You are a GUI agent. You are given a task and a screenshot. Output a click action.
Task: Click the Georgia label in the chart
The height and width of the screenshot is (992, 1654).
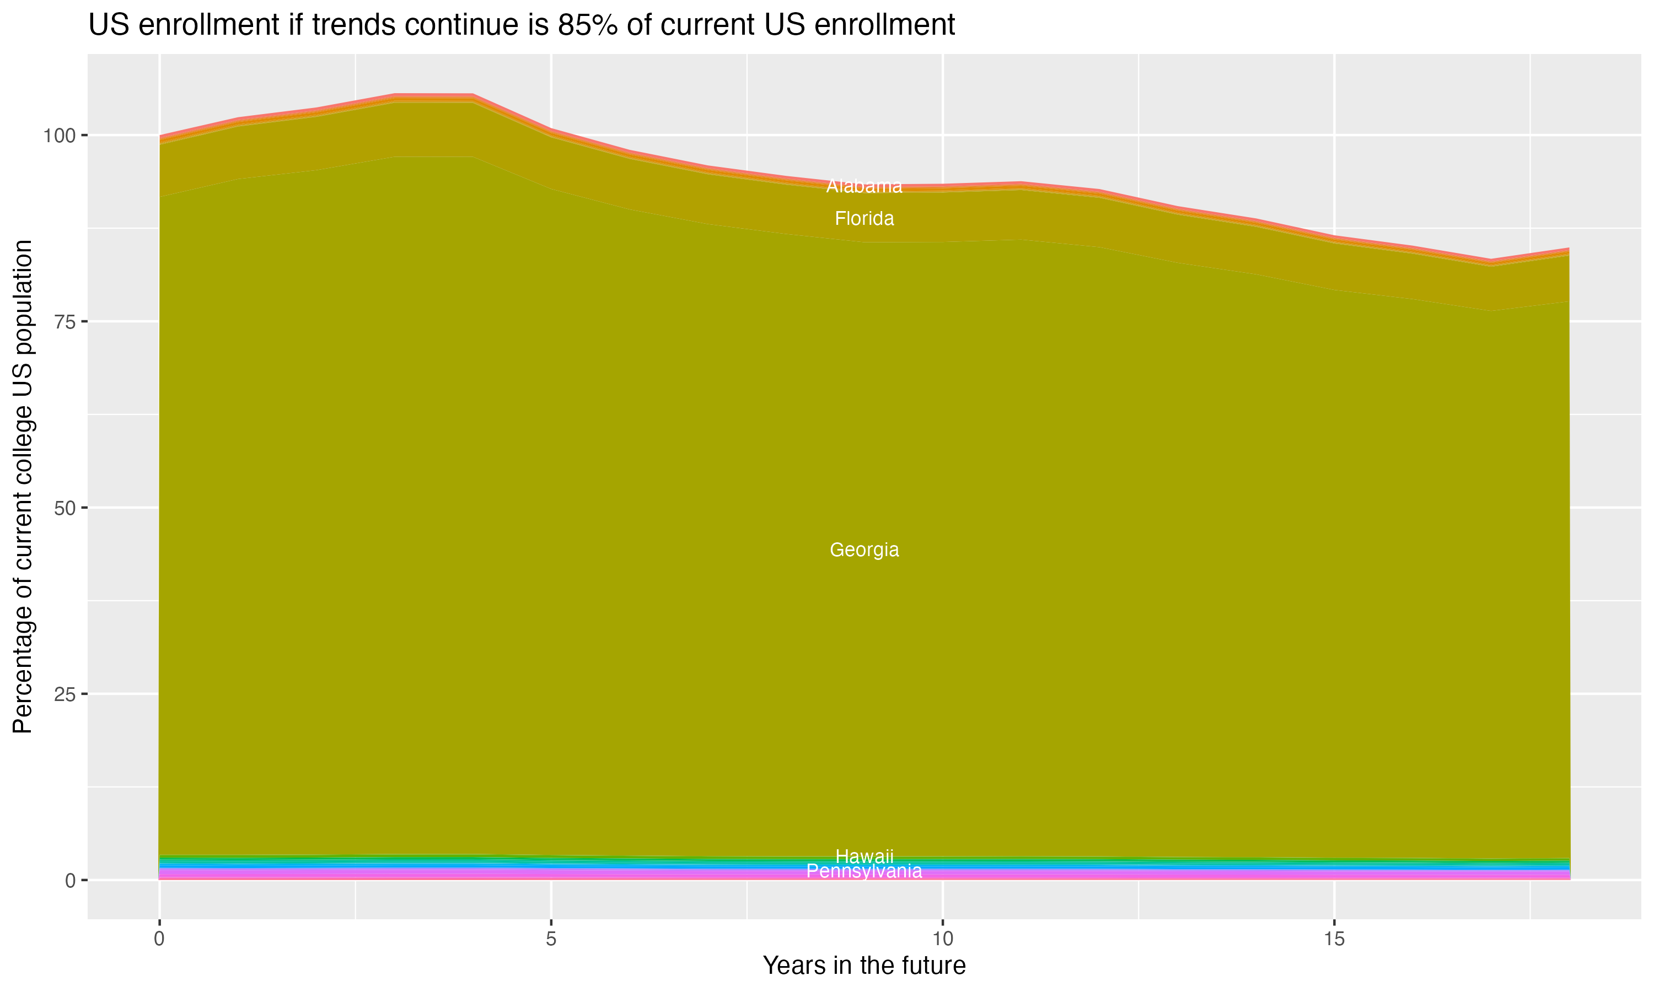pos(864,549)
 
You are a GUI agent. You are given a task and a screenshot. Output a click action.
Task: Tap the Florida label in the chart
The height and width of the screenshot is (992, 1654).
pos(864,219)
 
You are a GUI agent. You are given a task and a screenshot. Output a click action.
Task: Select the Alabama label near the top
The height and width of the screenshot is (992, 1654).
pos(864,186)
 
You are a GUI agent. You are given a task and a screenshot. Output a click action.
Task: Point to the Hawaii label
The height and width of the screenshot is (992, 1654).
pos(864,856)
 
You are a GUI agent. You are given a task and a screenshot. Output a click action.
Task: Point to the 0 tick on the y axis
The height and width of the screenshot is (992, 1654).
pos(69,880)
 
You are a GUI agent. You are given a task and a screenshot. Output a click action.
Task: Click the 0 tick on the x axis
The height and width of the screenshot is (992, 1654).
pos(159,939)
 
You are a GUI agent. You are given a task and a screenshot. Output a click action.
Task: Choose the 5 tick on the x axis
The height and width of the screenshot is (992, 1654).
pos(551,939)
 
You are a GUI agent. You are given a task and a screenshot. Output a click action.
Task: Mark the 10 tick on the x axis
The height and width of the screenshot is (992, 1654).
pos(942,939)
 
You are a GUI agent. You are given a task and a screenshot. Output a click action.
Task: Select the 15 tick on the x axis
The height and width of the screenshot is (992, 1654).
pos(1334,939)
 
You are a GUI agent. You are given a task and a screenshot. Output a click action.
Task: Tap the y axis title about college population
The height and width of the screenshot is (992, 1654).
pos(23,486)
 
